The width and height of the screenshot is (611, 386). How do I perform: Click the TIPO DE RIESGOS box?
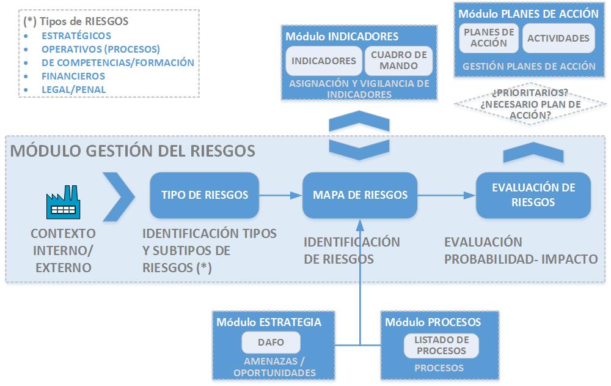point(205,195)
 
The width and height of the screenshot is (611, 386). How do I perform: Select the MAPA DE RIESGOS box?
point(360,195)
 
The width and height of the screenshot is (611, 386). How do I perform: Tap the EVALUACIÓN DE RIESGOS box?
point(533,195)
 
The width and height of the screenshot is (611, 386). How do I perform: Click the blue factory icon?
point(63,203)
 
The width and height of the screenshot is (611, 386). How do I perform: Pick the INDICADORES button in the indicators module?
point(323,61)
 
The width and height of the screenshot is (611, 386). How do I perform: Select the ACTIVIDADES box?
point(558,38)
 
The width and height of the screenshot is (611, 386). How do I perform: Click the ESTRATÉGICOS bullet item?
point(76,35)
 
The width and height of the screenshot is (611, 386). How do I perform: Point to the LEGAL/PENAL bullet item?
point(73,89)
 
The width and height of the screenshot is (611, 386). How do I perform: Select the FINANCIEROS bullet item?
point(73,76)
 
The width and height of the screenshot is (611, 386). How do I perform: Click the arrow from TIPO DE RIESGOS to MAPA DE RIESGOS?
point(281,195)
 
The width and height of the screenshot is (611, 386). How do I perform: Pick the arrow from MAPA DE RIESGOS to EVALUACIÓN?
point(447,195)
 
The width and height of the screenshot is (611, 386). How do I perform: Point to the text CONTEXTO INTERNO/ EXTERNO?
point(63,250)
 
